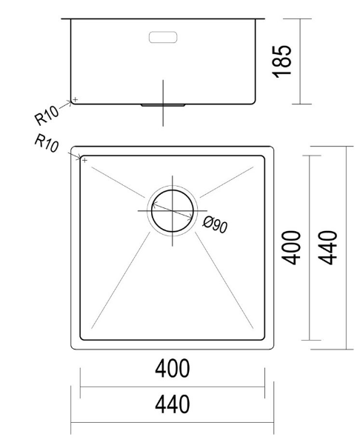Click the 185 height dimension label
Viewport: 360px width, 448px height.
[284, 60]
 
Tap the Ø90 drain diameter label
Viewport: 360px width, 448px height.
[214, 223]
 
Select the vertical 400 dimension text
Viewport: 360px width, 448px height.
[292, 247]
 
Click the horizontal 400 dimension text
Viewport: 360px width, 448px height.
[172, 368]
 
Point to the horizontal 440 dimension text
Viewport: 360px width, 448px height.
[172, 404]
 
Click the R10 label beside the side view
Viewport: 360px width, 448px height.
[47, 116]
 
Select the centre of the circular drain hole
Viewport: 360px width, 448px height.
[173, 210]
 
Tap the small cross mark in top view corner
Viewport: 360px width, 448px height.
[84, 159]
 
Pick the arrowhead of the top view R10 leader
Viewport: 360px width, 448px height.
[81, 157]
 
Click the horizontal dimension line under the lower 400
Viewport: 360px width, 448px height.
[172, 386]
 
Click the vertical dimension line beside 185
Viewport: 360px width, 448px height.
[299, 61]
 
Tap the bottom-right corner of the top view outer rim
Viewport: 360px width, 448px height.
[273, 349]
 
